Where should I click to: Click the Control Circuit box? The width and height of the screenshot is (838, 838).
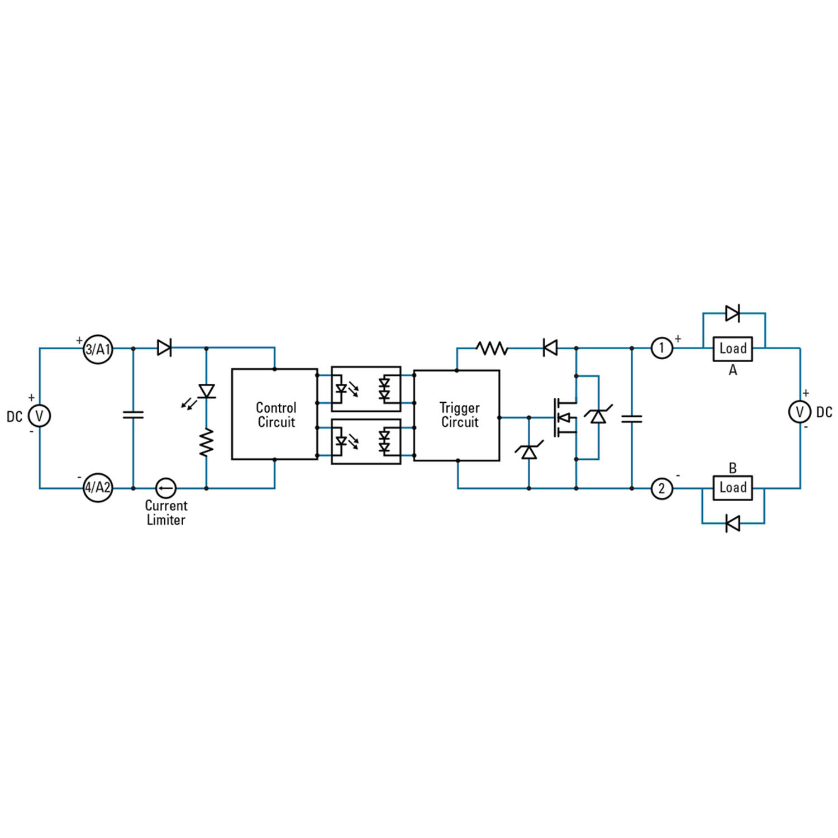pyautogui.click(x=275, y=414)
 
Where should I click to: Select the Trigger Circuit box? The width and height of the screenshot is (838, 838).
pyautogui.click(x=456, y=415)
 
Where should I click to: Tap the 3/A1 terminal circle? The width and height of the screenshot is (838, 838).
pyautogui.click(x=98, y=349)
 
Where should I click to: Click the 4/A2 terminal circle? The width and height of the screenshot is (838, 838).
pyautogui.click(x=98, y=488)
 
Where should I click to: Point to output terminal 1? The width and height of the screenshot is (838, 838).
pyautogui.click(x=661, y=349)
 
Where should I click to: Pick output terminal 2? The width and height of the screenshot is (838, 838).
pyautogui.click(x=661, y=489)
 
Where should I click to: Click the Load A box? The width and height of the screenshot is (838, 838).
pyautogui.click(x=732, y=349)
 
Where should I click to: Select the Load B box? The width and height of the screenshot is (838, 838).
pyautogui.click(x=732, y=488)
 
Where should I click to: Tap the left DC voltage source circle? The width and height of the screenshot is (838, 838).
pyautogui.click(x=39, y=416)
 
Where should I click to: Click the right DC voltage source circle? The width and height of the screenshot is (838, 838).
pyautogui.click(x=799, y=412)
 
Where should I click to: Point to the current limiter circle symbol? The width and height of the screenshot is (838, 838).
pyautogui.click(x=165, y=488)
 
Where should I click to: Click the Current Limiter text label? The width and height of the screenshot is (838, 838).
pyautogui.click(x=166, y=513)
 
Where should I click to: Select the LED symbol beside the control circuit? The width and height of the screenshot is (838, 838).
pyautogui.click(x=207, y=391)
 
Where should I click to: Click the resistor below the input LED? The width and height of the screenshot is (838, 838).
pyautogui.click(x=207, y=442)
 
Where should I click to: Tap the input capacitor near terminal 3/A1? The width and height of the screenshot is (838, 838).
pyautogui.click(x=133, y=415)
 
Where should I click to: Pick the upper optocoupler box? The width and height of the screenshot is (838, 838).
pyautogui.click(x=366, y=389)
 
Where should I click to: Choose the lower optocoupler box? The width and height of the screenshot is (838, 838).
pyautogui.click(x=366, y=441)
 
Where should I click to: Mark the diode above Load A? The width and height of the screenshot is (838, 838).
pyautogui.click(x=732, y=313)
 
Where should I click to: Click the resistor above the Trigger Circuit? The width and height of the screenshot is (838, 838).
pyautogui.click(x=492, y=349)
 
